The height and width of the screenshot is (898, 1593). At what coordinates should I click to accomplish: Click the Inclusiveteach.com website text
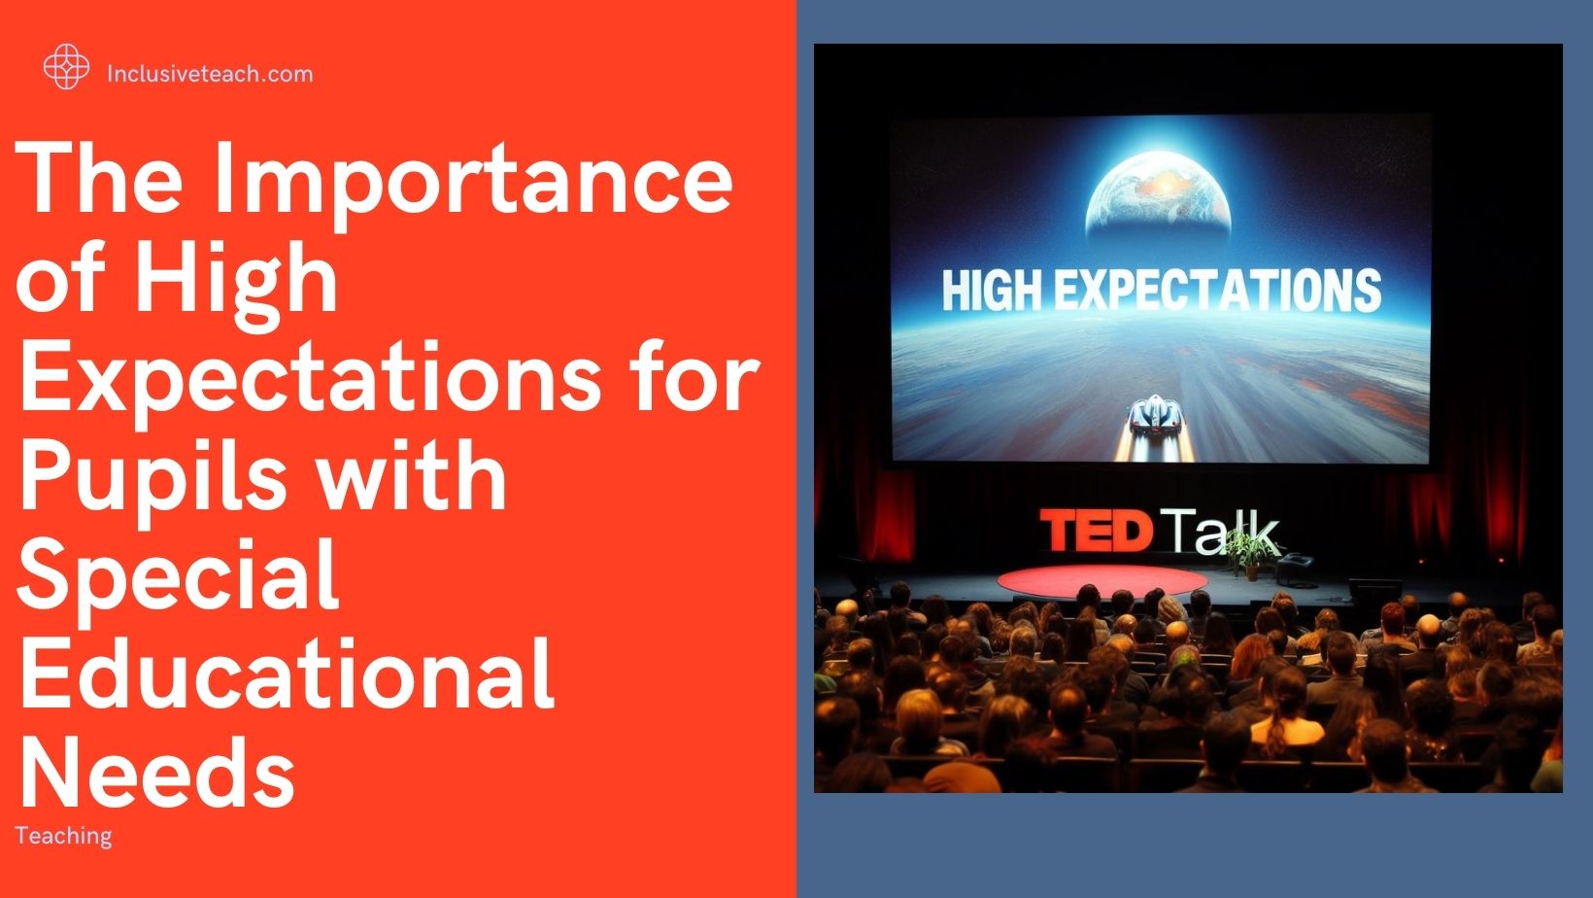[x=210, y=74]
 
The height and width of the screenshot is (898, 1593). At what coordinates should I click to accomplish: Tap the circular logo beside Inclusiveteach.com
[x=66, y=67]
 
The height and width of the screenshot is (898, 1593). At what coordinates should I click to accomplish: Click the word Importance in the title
[x=473, y=178]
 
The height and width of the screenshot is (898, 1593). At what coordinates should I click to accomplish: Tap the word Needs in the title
[x=156, y=772]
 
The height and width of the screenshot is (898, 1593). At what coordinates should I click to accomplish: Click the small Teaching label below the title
[x=64, y=836]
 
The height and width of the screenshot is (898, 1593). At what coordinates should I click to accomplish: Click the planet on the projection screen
[x=1158, y=195]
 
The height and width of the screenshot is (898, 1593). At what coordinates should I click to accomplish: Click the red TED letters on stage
[x=1097, y=531]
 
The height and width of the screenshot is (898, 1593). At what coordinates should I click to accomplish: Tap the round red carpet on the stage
[x=1101, y=581]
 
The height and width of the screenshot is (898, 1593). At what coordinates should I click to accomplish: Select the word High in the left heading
[x=236, y=278]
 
